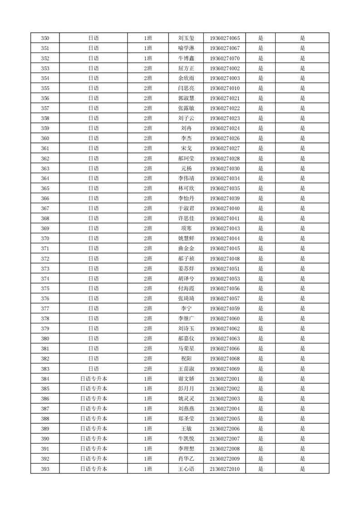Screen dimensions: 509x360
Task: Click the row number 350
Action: [x=45, y=38]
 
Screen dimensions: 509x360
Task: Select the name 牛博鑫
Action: [x=186, y=58]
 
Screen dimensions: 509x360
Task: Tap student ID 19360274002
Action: [x=225, y=68]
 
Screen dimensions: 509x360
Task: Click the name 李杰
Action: [x=186, y=138]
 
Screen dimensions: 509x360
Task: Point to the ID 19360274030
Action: [x=225, y=168]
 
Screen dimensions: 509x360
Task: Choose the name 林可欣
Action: [x=186, y=188]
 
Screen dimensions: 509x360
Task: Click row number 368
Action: [x=45, y=218]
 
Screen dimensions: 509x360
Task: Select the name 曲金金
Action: [x=186, y=249]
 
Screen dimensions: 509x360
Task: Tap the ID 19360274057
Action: [x=225, y=299]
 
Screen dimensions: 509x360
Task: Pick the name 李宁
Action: [x=186, y=308]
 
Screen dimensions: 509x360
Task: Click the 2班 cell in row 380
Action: [x=148, y=338]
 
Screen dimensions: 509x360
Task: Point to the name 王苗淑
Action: [x=186, y=368]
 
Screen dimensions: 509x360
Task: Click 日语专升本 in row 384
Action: [x=94, y=379]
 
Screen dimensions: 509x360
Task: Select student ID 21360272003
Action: [x=225, y=399]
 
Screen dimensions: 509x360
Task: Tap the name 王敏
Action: [x=186, y=429]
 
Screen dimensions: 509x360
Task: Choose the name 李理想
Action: [x=186, y=449]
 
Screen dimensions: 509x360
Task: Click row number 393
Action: [x=45, y=469]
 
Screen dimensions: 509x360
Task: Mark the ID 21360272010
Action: [x=225, y=469]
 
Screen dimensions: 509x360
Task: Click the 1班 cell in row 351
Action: [x=148, y=48]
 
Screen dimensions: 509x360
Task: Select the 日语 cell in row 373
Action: [x=94, y=269]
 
